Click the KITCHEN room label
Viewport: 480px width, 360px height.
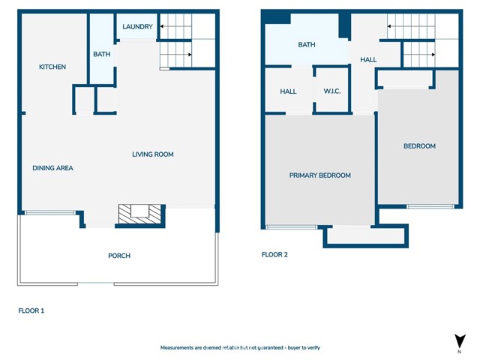click(52, 67)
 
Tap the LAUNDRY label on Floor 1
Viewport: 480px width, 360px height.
click(137, 27)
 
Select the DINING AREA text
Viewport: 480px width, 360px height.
click(52, 168)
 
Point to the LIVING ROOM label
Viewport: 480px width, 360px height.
click(153, 154)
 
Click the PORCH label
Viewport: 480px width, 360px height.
click(119, 256)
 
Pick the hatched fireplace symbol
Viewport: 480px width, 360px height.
click(139, 214)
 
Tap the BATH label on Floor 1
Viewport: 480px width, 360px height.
click(102, 54)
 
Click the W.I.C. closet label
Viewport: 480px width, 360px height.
click(332, 91)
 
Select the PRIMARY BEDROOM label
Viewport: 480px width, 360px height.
click(320, 175)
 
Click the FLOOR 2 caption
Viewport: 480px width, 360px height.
click(274, 255)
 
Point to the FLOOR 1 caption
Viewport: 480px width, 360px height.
click(31, 310)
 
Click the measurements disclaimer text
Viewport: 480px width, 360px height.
click(240, 348)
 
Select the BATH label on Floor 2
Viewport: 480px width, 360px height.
click(307, 45)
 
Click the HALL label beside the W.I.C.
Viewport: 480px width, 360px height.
click(288, 91)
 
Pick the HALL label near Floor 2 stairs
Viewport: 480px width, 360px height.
click(368, 60)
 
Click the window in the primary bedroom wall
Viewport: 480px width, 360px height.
click(292, 227)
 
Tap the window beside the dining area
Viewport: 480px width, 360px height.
click(50, 212)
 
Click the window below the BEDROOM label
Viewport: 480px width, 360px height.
click(430, 207)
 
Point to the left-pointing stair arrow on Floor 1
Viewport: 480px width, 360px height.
click(175, 26)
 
